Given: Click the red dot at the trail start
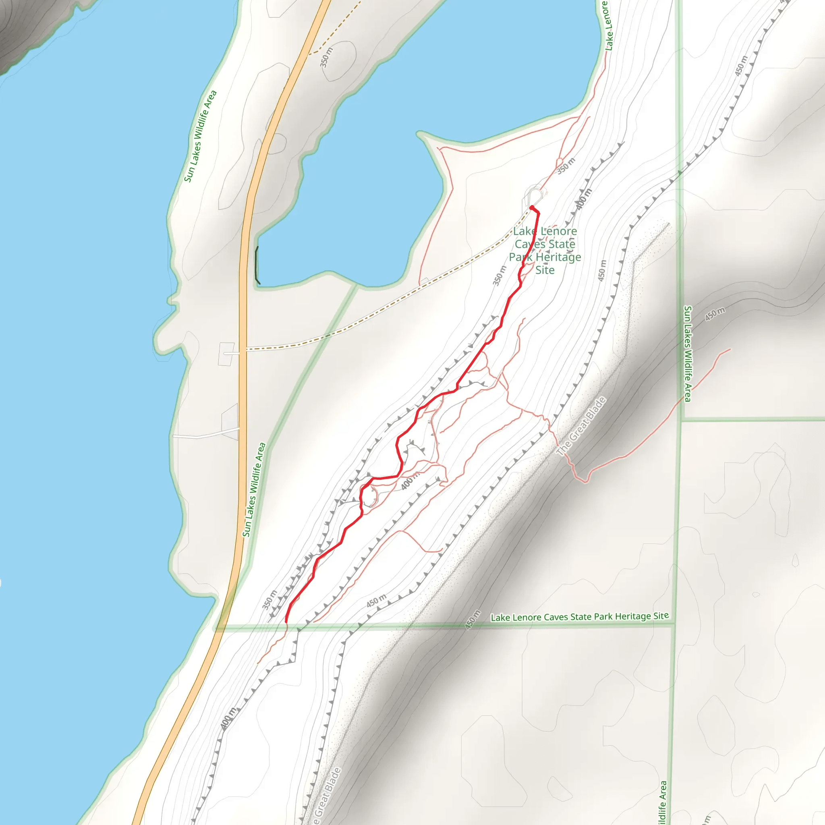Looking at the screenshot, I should [532, 208].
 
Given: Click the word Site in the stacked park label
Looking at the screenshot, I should [545, 270].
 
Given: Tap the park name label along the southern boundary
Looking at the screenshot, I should [579, 617].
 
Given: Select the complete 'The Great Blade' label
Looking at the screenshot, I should [581, 427].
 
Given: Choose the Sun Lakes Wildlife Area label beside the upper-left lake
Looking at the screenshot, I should [200, 136].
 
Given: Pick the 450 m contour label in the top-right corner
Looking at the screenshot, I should [741, 66].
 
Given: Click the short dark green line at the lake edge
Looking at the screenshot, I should [257, 265].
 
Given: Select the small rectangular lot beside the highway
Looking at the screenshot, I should [226, 354].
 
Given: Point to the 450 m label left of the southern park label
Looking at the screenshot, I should [473, 620].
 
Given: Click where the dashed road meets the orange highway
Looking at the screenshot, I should [244, 349].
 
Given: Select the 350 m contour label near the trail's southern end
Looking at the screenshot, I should [269, 599].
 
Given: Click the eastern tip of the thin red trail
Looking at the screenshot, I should [730, 349].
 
